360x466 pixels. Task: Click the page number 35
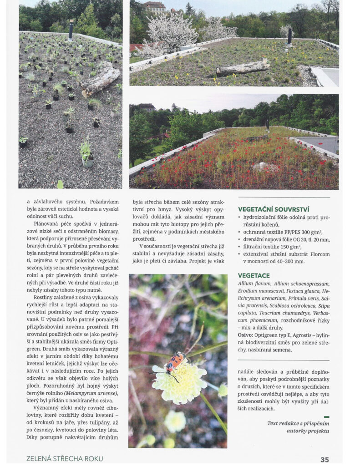coord(324,459)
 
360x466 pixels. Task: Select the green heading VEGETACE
coord(254,275)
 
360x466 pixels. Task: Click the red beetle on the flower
coord(175,362)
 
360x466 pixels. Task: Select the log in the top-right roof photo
coord(242,68)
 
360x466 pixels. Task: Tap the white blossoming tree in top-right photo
coord(172,32)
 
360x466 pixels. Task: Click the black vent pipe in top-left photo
coord(71,30)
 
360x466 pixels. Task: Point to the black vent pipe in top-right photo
coord(289,36)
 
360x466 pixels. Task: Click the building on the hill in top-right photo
coord(155,7)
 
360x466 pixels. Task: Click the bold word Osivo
coord(245,335)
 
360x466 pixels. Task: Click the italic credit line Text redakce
coord(298,423)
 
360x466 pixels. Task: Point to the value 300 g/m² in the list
coord(304,232)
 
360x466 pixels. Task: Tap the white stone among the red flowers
coord(262,165)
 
